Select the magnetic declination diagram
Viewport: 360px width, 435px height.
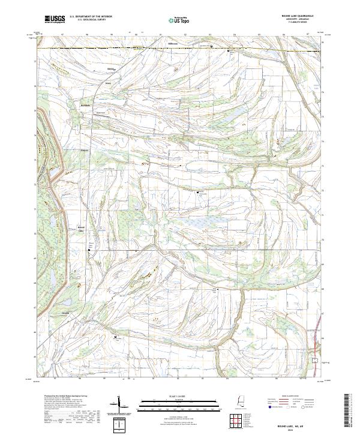click(x=120, y=407)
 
